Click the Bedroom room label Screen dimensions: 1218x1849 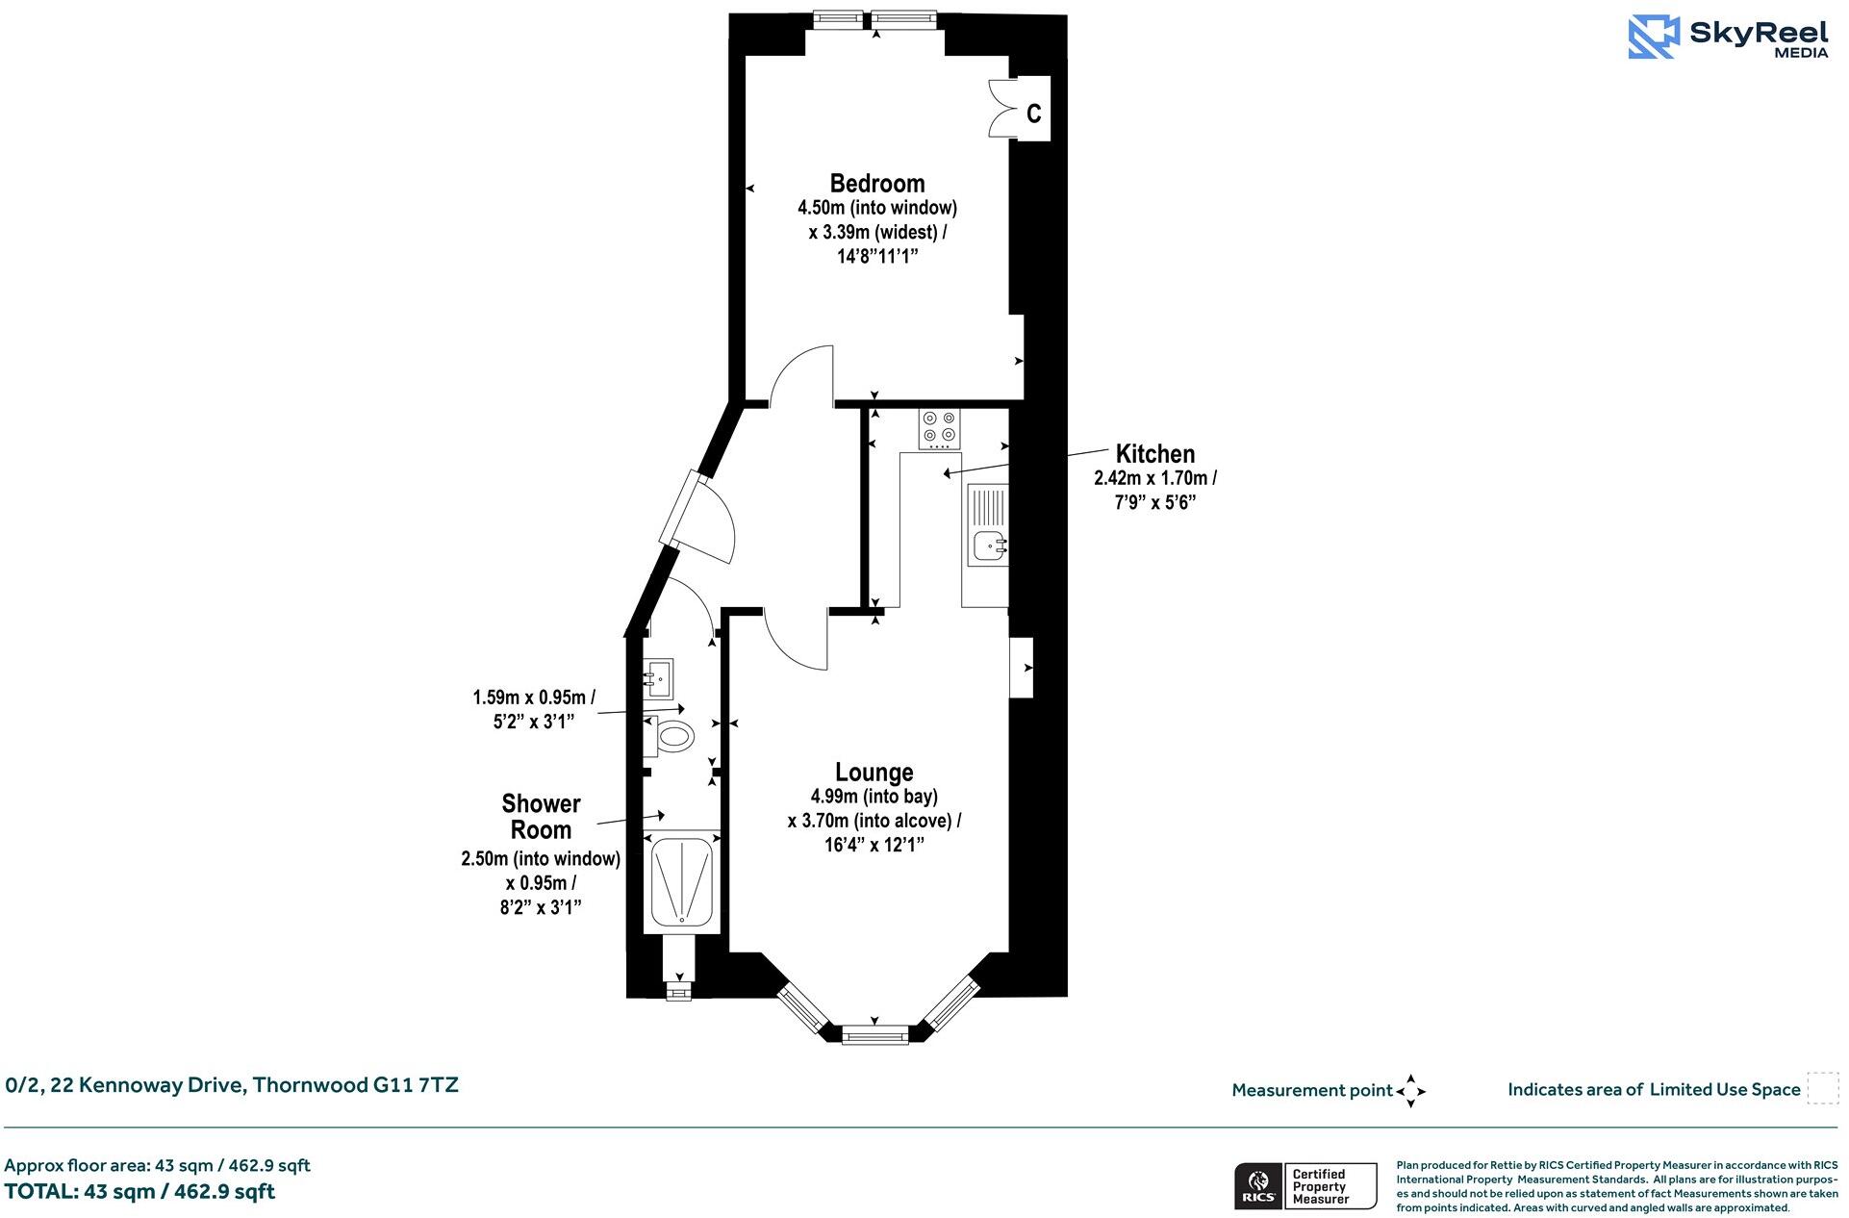(x=876, y=183)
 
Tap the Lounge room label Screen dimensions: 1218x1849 (x=874, y=772)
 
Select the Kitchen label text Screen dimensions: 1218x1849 (x=1154, y=453)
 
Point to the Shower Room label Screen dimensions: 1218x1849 (x=541, y=817)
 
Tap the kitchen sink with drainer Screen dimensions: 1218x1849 (x=988, y=524)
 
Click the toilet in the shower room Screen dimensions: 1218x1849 (x=674, y=738)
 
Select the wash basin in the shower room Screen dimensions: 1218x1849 (x=659, y=678)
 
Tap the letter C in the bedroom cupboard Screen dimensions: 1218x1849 (x=1033, y=114)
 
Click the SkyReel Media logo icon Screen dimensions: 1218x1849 (x=1654, y=37)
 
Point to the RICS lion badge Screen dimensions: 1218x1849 (x=1256, y=1185)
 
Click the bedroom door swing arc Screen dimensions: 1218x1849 (x=801, y=370)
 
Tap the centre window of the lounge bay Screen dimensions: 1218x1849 (x=874, y=1035)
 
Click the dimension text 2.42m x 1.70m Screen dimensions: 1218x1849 (x=1154, y=477)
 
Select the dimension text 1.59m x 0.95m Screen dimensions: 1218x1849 (x=533, y=697)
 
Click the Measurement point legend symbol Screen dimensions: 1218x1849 (x=1410, y=1091)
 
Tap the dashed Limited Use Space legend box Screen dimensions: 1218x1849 (x=1822, y=1088)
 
